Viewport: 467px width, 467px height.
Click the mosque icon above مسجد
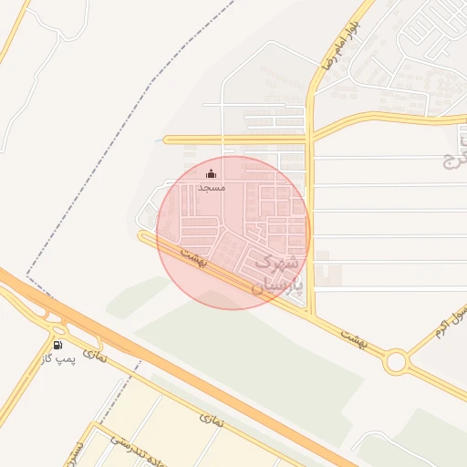(212, 174)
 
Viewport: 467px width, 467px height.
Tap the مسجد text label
(212, 187)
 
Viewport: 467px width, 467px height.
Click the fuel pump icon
(58, 345)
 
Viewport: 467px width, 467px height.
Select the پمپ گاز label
(59, 359)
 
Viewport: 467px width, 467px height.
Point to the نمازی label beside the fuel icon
(95, 353)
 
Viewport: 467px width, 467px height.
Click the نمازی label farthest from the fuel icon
(210, 421)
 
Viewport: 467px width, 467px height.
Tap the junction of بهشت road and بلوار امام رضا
(312, 315)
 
